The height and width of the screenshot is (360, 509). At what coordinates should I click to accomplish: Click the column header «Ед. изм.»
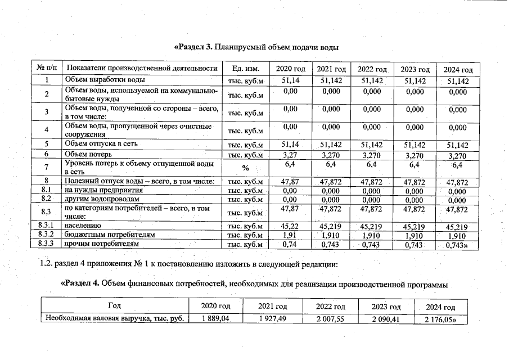245,69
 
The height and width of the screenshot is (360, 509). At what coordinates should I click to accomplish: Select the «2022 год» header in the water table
372,69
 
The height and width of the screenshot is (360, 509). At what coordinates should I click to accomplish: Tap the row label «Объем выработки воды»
105,80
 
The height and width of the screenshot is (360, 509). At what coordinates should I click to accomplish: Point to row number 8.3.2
48,234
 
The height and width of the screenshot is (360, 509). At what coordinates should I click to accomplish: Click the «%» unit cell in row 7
245,168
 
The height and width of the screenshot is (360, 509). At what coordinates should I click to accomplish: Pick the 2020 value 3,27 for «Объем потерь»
290,154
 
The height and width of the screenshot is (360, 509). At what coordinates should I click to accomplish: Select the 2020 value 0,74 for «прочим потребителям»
290,244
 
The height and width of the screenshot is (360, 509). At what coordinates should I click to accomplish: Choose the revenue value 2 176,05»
442,319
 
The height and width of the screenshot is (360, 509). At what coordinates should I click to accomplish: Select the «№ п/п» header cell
48,69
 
